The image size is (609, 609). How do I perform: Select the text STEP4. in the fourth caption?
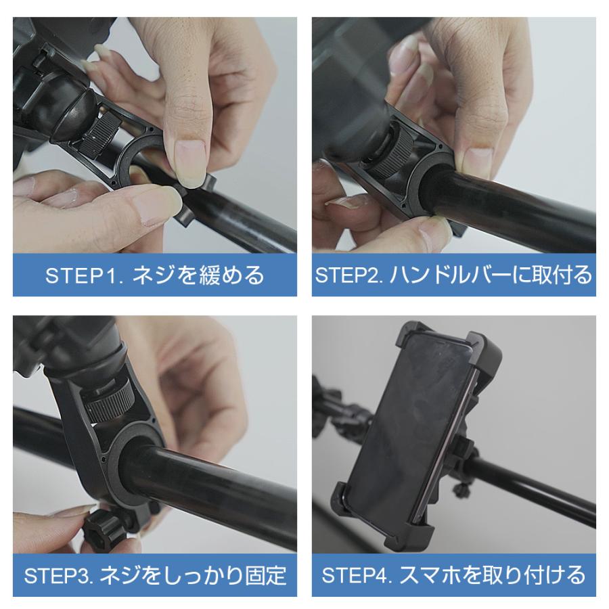357,576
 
